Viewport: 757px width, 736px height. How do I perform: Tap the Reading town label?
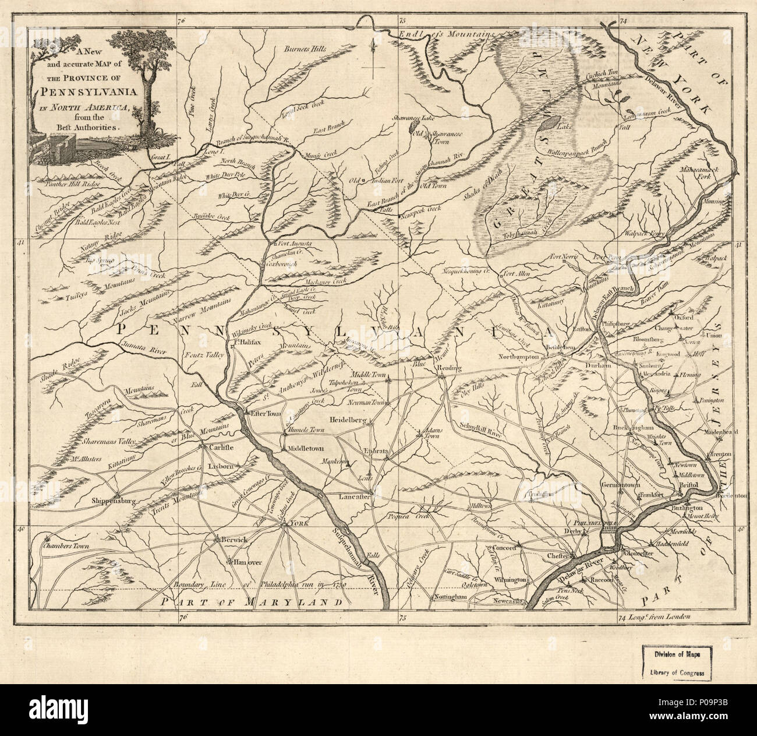[x=451, y=368]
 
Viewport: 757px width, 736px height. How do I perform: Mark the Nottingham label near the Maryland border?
[x=450, y=598]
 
